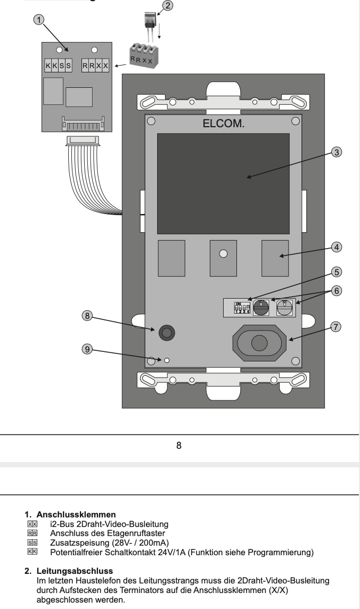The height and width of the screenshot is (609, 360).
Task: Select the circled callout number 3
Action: pyautogui.click(x=336, y=152)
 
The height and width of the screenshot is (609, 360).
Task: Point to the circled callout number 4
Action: pyautogui.click(x=336, y=247)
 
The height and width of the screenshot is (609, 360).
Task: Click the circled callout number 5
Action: pyautogui.click(x=336, y=271)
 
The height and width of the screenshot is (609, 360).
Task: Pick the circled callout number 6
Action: pyautogui.click(x=336, y=291)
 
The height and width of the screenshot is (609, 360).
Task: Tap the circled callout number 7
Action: pyautogui.click(x=336, y=327)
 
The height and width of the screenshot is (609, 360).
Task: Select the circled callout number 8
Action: pyautogui.click(x=87, y=316)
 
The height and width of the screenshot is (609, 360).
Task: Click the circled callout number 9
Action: pyautogui.click(x=87, y=349)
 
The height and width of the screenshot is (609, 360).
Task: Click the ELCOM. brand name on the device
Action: pyautogui.click(x=223, y=124)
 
